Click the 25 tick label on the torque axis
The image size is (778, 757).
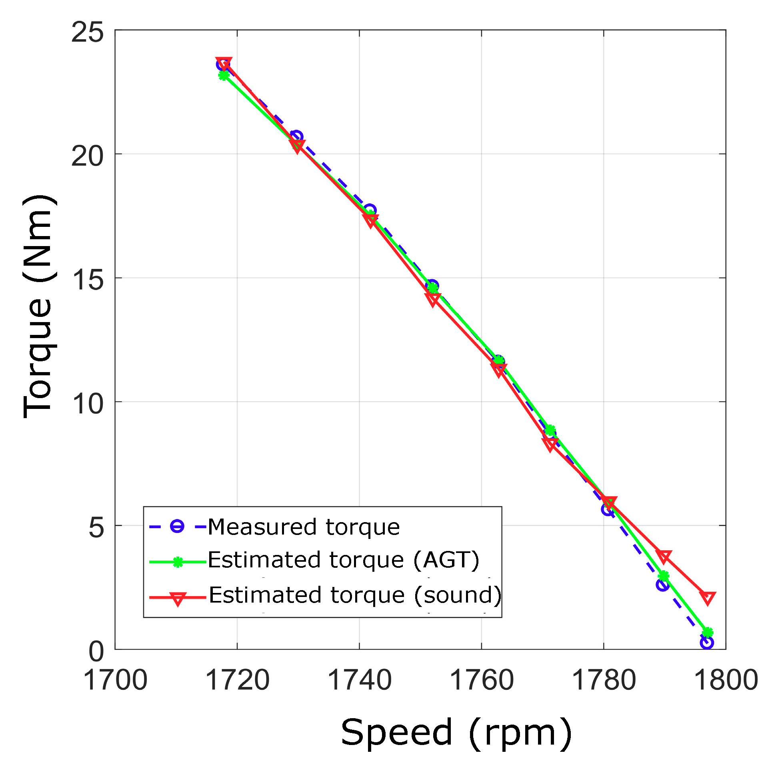87,32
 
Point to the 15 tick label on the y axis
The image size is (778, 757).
87,279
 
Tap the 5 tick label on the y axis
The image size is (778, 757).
96,527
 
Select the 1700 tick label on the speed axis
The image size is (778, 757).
115,680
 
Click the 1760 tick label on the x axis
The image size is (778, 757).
482,680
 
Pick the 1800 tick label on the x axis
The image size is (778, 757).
726,680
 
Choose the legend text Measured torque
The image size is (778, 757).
304,527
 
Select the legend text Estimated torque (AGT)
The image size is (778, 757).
343,560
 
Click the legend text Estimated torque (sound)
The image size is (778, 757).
354,595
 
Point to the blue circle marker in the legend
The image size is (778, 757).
177,526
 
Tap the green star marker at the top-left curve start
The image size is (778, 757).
224,75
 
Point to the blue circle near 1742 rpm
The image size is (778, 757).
370,210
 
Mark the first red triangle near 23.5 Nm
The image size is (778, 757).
224,63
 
